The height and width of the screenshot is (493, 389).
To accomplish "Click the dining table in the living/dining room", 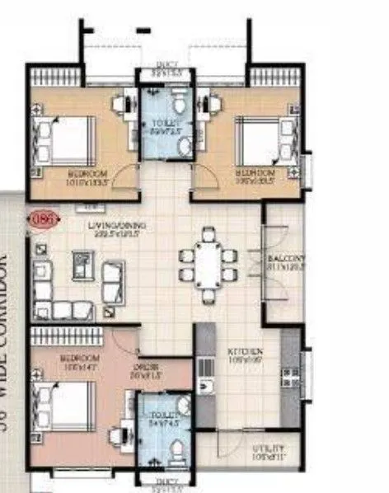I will [x=207, y=265].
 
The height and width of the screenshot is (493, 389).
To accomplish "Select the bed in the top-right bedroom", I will [x=262, y=138].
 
